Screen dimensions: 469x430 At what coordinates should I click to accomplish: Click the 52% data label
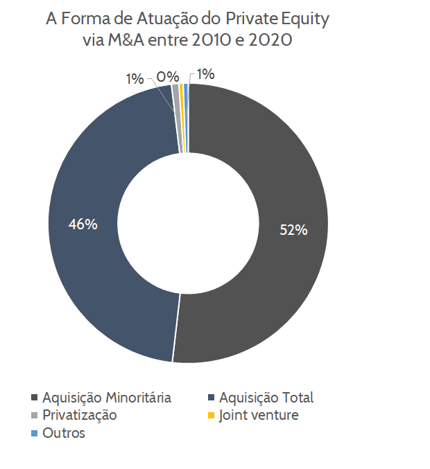(293, 230)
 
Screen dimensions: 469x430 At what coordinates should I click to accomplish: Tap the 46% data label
(83, 224)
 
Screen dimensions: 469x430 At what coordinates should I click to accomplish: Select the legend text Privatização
(79, 416)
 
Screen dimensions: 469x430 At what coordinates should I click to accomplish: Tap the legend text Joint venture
(259, 416)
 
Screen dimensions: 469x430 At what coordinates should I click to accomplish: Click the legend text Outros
(63, 433)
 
